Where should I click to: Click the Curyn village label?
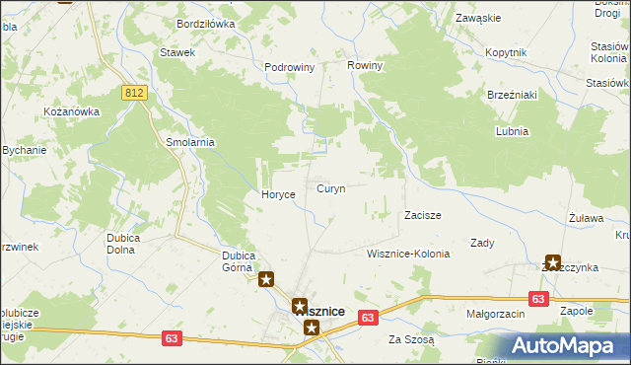(330, 188)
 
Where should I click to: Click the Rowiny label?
(365, 65)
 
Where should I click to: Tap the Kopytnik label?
(507, 51)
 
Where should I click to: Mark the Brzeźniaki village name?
(511, 96)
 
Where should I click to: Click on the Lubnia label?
(513, 131)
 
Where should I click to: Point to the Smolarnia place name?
(190, 142)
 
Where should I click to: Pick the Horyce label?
(278, 194)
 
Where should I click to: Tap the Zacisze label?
(422, 214)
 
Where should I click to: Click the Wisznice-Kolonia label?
(407, 254)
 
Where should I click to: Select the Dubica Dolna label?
(126, 243)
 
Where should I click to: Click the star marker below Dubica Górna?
(266, 279)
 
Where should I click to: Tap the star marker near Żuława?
(552, 263)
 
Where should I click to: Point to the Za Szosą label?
(411, 339)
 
